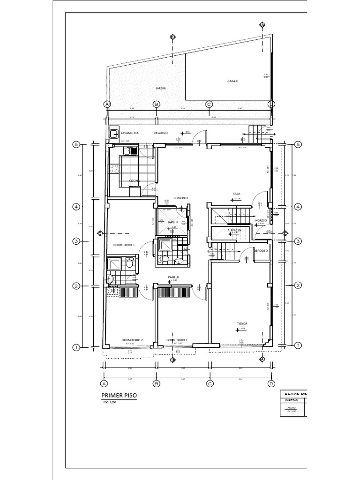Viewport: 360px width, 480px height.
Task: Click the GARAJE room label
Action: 233,81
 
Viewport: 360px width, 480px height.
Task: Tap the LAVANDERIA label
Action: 130,133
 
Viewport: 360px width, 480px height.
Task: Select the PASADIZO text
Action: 160,133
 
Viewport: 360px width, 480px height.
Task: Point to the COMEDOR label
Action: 180,198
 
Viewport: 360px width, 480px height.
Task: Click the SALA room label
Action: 236,194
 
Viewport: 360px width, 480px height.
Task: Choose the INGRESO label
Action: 260,220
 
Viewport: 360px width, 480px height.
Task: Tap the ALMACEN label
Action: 234,231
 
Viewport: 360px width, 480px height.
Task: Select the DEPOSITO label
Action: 261,251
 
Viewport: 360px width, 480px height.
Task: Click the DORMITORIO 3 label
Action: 124,245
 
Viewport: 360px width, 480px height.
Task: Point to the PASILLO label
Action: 173,277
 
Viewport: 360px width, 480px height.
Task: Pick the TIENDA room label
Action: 242,324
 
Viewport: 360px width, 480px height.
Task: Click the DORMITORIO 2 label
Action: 132,340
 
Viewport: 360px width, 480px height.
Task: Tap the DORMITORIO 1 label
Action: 177,340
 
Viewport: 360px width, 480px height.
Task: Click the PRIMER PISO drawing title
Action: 120,396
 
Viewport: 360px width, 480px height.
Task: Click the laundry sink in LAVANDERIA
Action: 114,134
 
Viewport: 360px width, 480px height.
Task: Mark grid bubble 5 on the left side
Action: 75,145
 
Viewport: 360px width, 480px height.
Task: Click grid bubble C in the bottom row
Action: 210,383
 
